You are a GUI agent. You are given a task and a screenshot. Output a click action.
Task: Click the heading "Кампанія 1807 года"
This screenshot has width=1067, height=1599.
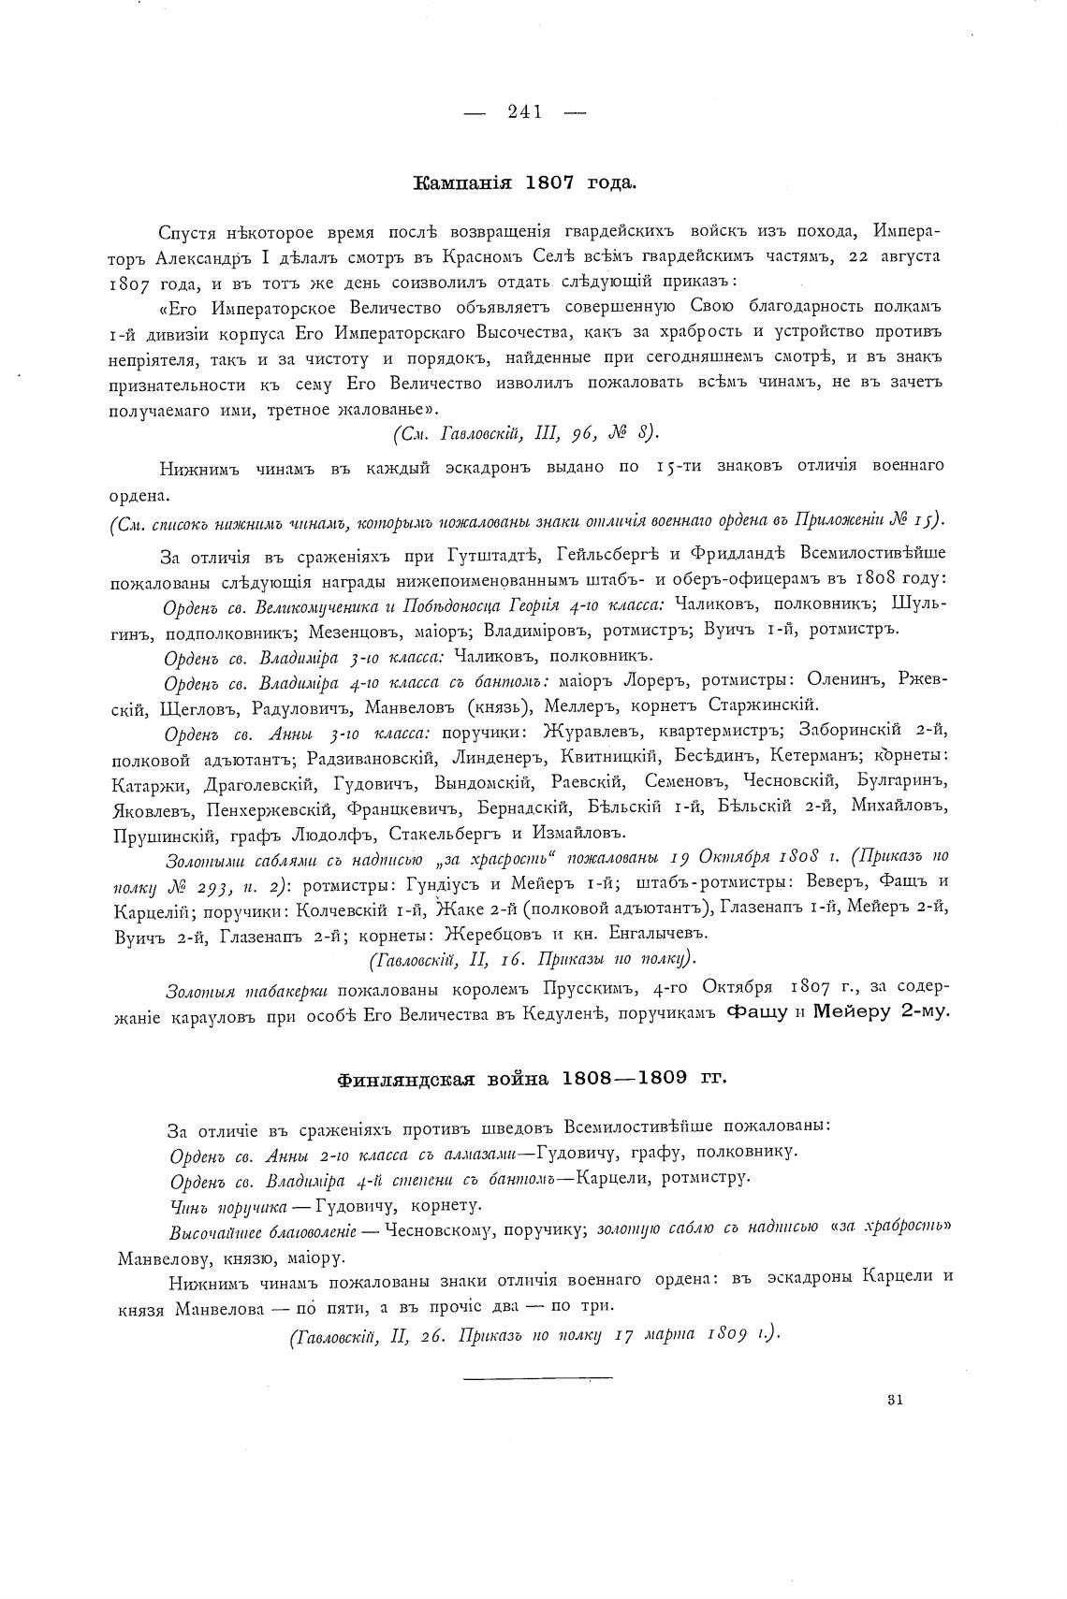[x=524, y=183]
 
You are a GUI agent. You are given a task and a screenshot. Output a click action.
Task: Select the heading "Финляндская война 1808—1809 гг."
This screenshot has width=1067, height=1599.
[x=532, y=1078]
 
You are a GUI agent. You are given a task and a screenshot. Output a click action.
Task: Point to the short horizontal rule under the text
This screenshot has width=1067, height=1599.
[x=537, y=1376]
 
